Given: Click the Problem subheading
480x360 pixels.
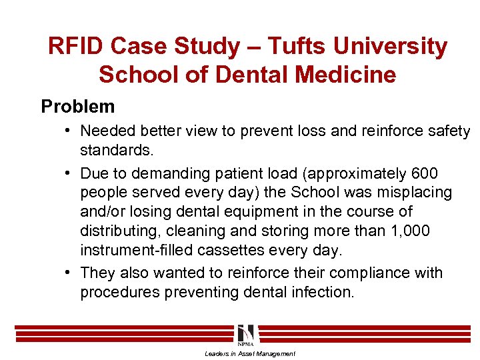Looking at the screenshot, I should tap(77, 106).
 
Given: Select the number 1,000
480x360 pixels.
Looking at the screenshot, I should tap(411, 231).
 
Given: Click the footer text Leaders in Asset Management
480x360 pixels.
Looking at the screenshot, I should tap(249, 354).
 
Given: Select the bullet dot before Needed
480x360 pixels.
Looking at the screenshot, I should tap(69, 131).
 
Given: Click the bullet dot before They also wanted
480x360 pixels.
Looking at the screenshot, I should tap(69, 273).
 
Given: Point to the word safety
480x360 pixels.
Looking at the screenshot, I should tap(449, 131).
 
